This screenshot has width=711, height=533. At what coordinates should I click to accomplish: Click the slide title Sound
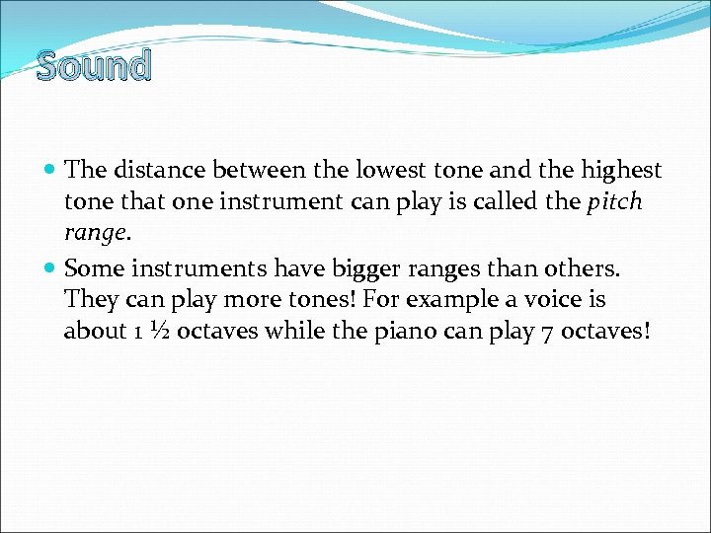coord(94,65)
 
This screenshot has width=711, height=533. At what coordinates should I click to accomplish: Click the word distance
coord(156,170)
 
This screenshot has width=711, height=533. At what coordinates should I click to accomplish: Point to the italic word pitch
coord(615,202)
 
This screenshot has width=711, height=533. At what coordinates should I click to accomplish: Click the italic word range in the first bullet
coord(94,234)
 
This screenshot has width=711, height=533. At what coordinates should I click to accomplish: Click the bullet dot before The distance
coord(50,171)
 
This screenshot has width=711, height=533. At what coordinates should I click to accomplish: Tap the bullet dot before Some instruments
coord(50,267)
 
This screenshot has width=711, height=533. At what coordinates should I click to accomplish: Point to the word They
coord(90,298)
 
